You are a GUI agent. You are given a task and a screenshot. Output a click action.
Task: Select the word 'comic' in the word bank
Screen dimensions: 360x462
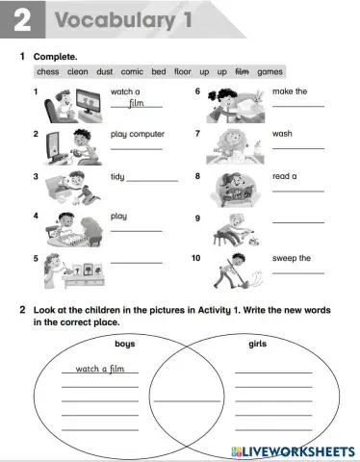pos(131,71)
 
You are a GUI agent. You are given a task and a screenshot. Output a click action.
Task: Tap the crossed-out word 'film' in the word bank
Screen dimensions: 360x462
pos(242,71)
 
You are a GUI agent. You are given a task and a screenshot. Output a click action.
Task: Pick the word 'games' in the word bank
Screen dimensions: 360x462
pos(270,71)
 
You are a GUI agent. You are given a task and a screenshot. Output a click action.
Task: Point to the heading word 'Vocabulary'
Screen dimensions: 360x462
pos(116,20)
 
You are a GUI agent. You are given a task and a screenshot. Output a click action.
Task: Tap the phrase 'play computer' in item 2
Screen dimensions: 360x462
pos(137,135)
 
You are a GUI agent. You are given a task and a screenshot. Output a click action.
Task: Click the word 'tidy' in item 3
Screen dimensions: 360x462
pos(118,177)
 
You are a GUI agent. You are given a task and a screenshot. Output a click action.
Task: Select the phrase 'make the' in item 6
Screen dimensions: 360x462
pos(291,91)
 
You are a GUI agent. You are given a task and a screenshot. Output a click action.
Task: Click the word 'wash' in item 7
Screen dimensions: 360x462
pos(282,135)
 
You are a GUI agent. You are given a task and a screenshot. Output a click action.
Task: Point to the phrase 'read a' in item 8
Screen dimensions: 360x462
pos(285,177)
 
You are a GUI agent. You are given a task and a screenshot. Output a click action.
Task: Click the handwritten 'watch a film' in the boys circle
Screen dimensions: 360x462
pos(100,368)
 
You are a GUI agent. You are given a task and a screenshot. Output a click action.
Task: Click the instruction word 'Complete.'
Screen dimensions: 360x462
pos(57,57)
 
